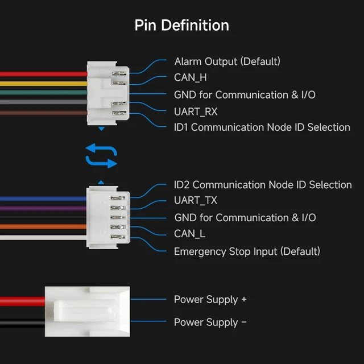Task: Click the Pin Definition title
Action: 182,25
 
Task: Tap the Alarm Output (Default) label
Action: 227,61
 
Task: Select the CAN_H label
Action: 191,77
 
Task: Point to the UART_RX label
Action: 196,111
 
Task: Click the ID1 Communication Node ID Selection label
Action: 262,127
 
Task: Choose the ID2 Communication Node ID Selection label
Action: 263,185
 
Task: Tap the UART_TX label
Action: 196,200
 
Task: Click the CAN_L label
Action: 189,234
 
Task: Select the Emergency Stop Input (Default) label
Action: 247,251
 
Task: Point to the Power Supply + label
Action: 210,300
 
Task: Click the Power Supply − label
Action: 210,322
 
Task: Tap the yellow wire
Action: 44,84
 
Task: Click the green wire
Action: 44,92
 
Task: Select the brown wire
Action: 44,113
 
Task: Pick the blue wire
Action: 43,198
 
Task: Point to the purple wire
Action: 43,208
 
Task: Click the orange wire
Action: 43,226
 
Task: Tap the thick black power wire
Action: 23,322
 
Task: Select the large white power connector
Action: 87,311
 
